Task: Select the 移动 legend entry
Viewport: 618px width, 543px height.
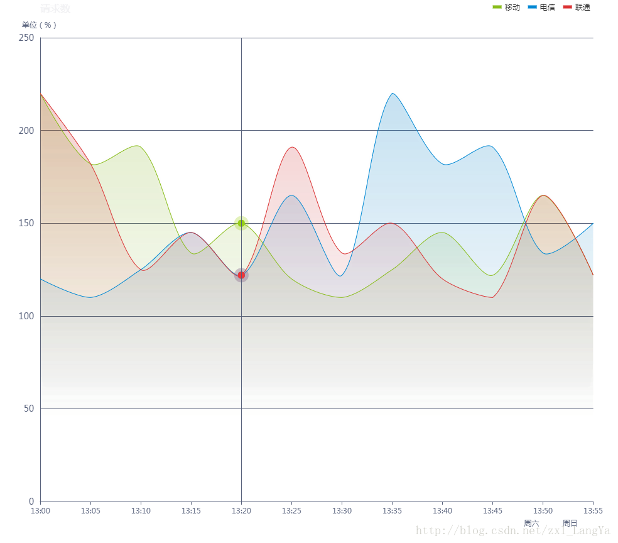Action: [506, 8]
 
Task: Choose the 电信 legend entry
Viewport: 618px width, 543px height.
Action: [541, 8]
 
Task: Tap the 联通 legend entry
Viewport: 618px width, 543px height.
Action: [577, 8]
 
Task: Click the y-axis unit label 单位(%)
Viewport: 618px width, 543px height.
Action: [39, 25]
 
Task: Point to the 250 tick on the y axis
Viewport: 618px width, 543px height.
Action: [26, 38]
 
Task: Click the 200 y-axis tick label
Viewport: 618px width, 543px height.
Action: [26, 131]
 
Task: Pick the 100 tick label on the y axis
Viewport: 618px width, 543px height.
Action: [26, 316]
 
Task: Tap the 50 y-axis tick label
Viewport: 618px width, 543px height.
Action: [28, 409]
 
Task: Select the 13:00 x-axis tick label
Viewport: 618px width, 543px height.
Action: [40, 511]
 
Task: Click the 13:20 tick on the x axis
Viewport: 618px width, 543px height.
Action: [241, 511]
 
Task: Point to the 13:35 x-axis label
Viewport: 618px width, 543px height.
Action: [392, 511]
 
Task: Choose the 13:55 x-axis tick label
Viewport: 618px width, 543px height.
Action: [593, 511]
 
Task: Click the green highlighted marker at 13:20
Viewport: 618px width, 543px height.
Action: [241, 222]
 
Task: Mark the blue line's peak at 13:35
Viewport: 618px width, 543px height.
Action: [393, 93]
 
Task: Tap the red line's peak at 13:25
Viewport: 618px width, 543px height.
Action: [292, 147]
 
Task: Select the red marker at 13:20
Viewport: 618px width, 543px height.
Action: [241, 275]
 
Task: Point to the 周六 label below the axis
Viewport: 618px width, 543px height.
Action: [531, 523]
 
